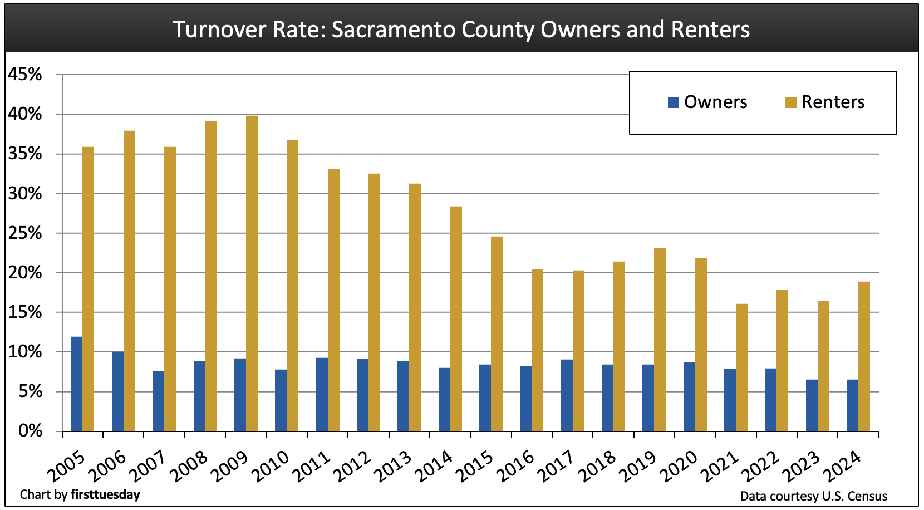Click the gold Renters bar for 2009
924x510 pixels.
coord(252,273)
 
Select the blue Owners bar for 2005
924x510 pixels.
coord(77,384)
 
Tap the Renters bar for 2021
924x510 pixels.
coord(741,367)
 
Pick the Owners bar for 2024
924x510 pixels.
coord(852,405)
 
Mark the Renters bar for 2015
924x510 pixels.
coord(497,334)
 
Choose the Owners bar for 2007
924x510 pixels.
coord(158,401)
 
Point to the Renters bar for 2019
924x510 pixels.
coord(660,340)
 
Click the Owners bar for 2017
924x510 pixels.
coord(567,395)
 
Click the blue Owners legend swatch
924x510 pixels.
coord(674,102)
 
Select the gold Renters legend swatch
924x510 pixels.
coord(791,102)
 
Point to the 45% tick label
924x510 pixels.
coord(25,75)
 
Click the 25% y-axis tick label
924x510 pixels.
coord(25,233)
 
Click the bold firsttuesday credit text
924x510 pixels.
coord(105,494)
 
